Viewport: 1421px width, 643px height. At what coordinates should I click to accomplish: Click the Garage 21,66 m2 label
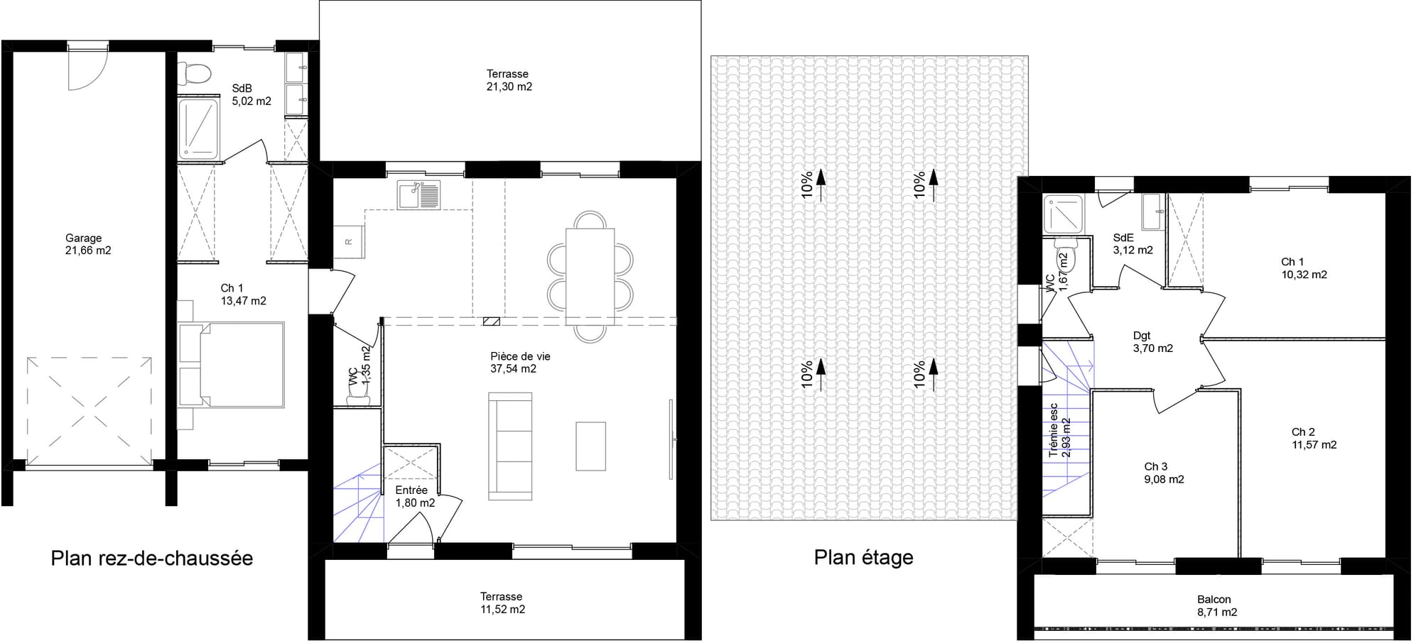88,244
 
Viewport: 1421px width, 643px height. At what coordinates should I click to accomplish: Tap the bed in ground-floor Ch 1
242,365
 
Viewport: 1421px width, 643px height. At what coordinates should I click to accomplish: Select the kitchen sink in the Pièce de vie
419,195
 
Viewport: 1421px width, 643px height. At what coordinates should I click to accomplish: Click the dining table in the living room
590,277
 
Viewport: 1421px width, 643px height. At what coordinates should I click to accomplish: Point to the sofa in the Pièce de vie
510,446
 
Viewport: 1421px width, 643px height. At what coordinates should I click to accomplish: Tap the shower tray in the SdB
198,128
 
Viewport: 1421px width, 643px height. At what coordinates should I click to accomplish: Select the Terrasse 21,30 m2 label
508,80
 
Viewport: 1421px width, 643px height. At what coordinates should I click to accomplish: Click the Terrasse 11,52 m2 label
502,603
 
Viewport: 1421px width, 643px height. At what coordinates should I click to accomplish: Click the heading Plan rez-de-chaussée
151,558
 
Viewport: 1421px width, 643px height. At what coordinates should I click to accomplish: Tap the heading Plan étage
863,557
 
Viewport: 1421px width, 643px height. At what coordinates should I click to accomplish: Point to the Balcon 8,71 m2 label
1216,605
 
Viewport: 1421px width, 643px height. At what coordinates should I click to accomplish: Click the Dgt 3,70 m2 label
1152,342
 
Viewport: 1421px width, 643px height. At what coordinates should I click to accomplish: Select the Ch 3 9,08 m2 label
1164,473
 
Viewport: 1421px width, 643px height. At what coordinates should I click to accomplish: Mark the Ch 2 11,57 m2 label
1313,438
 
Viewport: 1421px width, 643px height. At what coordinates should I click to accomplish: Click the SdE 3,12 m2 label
1133,244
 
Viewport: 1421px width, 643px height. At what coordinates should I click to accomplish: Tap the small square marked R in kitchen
349,241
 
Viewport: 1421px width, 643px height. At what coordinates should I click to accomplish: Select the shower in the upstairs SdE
1063,214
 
